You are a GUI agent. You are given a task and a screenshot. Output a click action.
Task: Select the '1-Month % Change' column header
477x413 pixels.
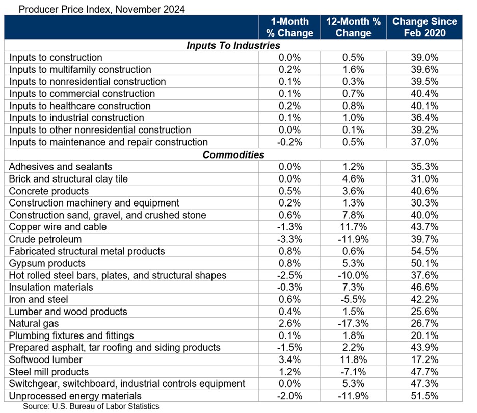click(x=289, y=28)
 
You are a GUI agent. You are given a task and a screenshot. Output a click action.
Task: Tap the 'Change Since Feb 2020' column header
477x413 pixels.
click(x=424, y=28)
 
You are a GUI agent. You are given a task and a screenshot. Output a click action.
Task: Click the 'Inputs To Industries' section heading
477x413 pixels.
click(x=233, y=45)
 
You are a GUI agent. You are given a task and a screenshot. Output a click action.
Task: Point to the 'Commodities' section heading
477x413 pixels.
click(x=233, y=154)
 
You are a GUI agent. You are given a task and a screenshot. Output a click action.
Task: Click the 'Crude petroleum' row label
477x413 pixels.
click(x=45, y=239)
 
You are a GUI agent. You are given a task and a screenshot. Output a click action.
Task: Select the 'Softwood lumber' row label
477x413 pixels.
click(x=46, y=359)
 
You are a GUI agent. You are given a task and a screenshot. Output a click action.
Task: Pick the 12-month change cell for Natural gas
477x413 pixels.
click(x=354, y=323)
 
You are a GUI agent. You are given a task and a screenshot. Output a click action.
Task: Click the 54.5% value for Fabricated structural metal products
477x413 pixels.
click(x=425, y=251)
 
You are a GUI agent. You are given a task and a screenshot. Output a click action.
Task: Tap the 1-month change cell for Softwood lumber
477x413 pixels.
click(x=289, y=359)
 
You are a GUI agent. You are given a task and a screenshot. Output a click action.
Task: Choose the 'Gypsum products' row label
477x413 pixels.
click(x=47, y=263)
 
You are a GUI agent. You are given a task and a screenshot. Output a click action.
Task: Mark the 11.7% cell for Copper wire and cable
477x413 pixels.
click(x=354, y=227)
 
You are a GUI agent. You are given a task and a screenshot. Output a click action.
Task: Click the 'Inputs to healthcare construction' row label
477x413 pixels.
click(x=80, y=106)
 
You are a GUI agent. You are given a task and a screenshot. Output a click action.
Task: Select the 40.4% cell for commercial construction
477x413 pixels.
click(x=425, y=94)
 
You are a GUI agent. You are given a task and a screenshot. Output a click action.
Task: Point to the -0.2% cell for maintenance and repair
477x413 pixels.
click(x=289, y=142)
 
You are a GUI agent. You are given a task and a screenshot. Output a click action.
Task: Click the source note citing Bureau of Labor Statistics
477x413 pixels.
click(x=91, y=406)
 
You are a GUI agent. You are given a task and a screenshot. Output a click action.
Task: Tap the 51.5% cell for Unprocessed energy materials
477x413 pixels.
click(x=425, y=396)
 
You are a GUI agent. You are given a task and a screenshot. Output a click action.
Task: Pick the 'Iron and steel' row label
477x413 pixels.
click(x=39, y=299)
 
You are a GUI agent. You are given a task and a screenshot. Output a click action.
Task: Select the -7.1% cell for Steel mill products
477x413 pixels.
click(x=354, y=372)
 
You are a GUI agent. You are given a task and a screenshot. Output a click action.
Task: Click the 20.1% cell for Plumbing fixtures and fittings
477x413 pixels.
click(x=425, y=335)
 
